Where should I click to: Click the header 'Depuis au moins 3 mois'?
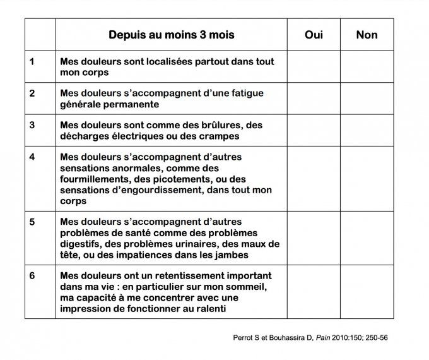tap(171, 35)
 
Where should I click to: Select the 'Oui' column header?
tap(314, 35)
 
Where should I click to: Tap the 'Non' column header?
tap(367, 35)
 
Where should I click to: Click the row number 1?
tap(32, 62)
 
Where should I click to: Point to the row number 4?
tap(32, 157)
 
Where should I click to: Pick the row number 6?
tap(32, 276)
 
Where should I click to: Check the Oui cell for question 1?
tap(314, 67)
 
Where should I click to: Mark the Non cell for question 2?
tap(367, 99)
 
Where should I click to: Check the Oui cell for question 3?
tap(314, 130)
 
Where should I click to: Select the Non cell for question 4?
tap(367, 179)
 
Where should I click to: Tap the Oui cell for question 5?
tap(314, 238)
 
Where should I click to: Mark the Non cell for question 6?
tap(367, 292)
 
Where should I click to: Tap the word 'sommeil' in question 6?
tap(248, 287)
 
